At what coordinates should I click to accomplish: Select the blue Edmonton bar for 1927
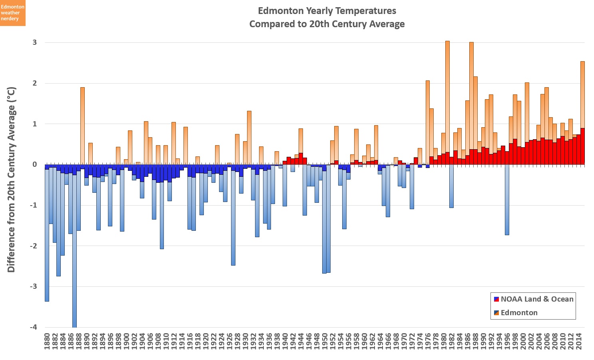pyautogui.click(x=233, y=220)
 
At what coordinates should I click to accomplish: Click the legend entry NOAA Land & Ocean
pyautogui.click(x=533, y=299)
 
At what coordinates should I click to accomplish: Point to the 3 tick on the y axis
pyautogui.click(x=35, y=42)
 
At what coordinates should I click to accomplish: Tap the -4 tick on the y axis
pyautogui.click(x=34, y=327)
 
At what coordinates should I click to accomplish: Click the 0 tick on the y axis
pyautogui.click(x=35, y=164)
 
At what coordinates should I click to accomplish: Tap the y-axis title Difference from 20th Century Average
pyautogui.click(x=11, y=180)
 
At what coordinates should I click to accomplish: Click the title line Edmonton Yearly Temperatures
pyautogui.click(x=327, y=11)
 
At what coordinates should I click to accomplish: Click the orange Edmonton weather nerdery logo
pyautogui.click(x=12, y=13)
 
